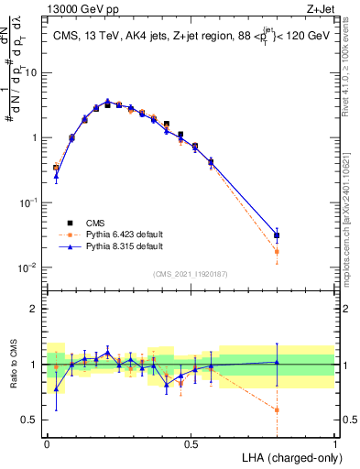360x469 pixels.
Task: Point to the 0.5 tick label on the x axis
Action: click(x=191, y=443)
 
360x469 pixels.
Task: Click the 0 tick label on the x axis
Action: click(x=47, y=443)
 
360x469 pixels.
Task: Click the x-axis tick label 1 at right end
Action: click(x=334, y=443)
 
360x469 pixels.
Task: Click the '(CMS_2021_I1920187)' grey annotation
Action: click(x=190, y=274)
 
